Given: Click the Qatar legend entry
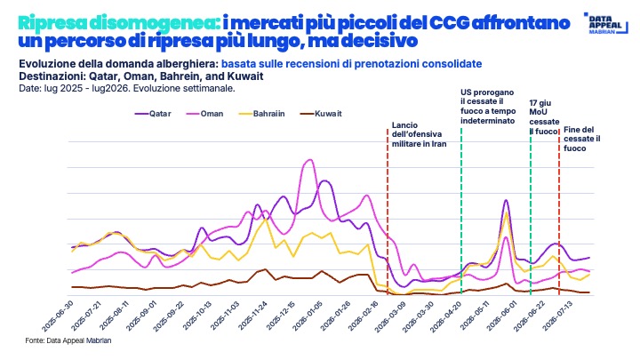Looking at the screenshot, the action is pyautogui.click(x=153, y=114).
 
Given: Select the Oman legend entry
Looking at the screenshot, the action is pyautogui.click(x=204, y=114).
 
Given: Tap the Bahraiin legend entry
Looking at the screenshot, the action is pyautogui.click(x=262, y=114).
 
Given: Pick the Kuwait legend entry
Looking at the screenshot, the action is pyautogui.click(x=321, y=114).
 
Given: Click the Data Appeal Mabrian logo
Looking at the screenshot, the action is pyautogui.click(x=605, y=23).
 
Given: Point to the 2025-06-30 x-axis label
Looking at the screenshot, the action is pyautogui.click(x=58, y=316).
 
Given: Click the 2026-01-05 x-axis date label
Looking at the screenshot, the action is pyautogui.click(x=307, y=316).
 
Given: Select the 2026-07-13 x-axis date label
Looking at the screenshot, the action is pyautogui.click(x=558, y=316).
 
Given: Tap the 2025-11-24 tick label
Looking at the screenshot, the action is pyautogui.click(x=252, y=316).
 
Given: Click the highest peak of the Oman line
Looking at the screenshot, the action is pyautogui.click(x=309, y=160).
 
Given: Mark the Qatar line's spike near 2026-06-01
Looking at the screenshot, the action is pyautogui.click(x=506, y=200).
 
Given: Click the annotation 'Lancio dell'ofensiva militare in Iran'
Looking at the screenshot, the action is pyautogui.click(x=420, y=135).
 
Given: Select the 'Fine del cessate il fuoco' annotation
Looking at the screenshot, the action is pyautogui.click(x=582, y=140).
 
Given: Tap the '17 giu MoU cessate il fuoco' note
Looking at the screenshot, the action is pyautogui.click(x=544, y=117).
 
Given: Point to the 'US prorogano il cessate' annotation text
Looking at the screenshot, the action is pyautogui.click(x=488, y=107).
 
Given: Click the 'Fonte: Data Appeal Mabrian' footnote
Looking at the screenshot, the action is pyautogui.click(x=68, y=340).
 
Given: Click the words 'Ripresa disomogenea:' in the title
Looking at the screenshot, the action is pyautogui.click(x=119, y=23).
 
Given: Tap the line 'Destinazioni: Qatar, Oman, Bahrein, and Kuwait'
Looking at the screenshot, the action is pyautogui.click(x=140, y=76).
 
